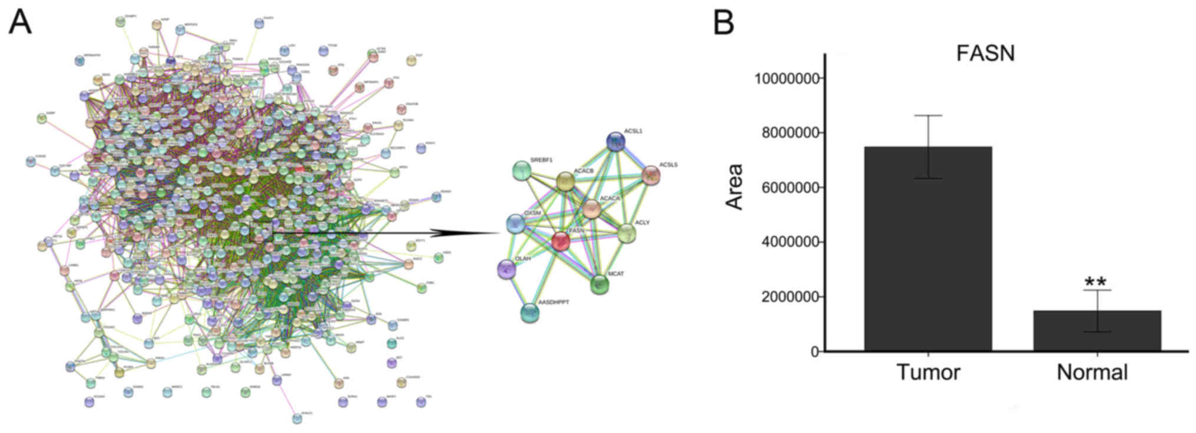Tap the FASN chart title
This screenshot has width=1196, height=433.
pyautogui.click(x=985, y=54)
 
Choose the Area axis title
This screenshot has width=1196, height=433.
pyautogui.click(x=734, y=186)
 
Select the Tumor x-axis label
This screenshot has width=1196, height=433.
pyautogui.click(x=928, y=372)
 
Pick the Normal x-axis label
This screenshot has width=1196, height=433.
pyautogui.click(x=1092, y=372)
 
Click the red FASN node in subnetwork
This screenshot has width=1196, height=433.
pyautogui.click(x=561, y=241)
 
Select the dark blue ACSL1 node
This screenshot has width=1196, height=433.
pyautogui.click(x=615, y=142)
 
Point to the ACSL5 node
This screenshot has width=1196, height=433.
pyautogui.click(x=651, y=175)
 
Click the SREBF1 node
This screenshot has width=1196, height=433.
pyautogui.click(x=522, y=171)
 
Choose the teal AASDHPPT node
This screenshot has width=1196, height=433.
pyautogui.click(x=530, y=313)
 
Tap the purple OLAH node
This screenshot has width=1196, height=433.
pyautogui.click(x=506, y=269)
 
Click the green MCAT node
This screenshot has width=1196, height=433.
pyautogui.click(x=599, y=285)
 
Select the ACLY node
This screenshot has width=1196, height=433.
pyautogui.click(x=626, y=234)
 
